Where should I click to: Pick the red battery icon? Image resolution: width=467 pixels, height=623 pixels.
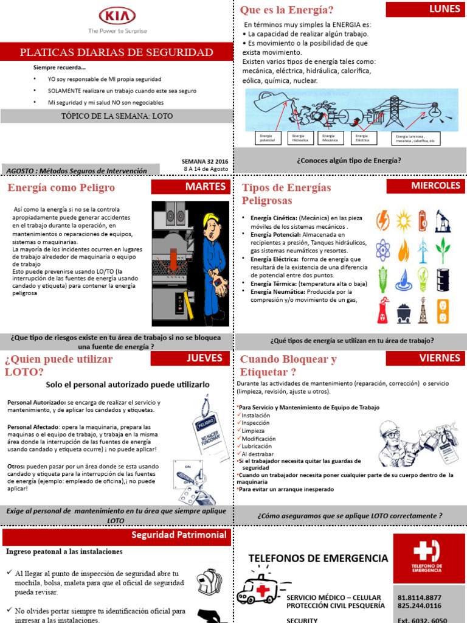tap(423, 219)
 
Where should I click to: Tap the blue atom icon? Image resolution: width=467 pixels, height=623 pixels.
tap(382, 249)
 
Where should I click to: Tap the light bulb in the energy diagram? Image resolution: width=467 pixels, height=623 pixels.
tap(435, 110)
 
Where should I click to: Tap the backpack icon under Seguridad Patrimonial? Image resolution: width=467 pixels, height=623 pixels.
tap(209, 582)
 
